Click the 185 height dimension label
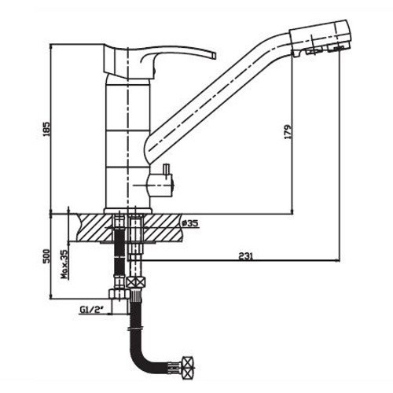(x=47, y=128)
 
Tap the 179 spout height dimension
(x=288, y=132)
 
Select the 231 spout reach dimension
(x=246, y=256)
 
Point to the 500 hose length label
(x=46, y=256)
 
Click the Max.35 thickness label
(x=64, y=264)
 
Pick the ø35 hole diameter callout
(x=190, y=223)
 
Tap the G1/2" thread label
(x=91, y=310)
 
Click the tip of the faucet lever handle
(x=215, y=56)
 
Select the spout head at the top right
(x=320, y=38)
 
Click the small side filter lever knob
(x=166, y=171)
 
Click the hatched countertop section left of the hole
(x=95, y=228)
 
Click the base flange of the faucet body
(x=128, y=211)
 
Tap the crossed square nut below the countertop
(x=136, y=282)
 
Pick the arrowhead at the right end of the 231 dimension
(x=337, y=260)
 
